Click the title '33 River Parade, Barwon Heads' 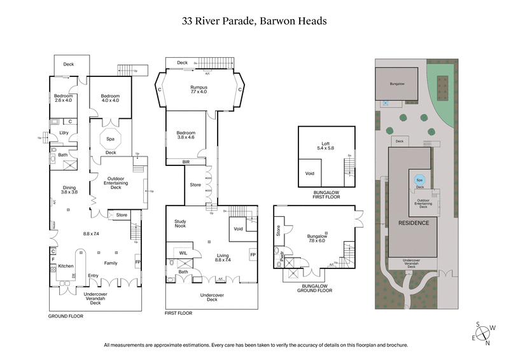pos(254,21)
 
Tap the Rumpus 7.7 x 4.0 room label pos(199,89)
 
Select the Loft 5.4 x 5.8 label pos(326,145)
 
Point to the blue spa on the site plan pos(419,179)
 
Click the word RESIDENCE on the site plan pos(414,223)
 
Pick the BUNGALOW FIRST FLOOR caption pos(326,193)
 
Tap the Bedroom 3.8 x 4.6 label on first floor pos(186,135)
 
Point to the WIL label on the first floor pos(183,253)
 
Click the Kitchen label pos(66,266)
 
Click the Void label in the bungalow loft pos(310,172)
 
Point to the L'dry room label pos(64,132)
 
